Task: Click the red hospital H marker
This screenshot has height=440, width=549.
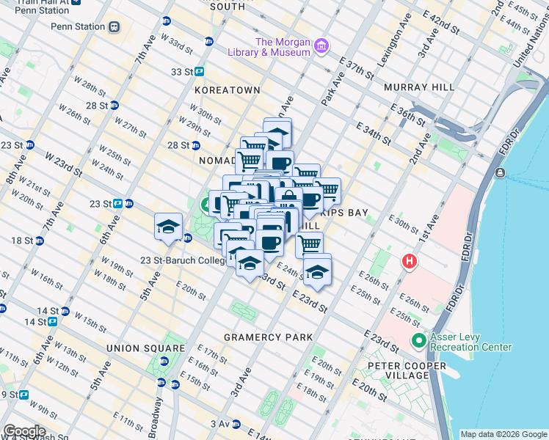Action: [408, 260]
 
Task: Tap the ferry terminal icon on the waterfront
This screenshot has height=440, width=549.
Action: [500, 172]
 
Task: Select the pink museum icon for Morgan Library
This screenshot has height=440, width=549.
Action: [320, 47]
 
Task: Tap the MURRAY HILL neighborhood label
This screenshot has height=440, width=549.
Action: [415, 87]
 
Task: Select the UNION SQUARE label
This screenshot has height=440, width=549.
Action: [145, 348]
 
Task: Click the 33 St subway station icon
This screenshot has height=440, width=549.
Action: [199, 72]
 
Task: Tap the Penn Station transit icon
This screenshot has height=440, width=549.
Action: [114, 27]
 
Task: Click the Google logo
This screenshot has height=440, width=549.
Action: [24, 431]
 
